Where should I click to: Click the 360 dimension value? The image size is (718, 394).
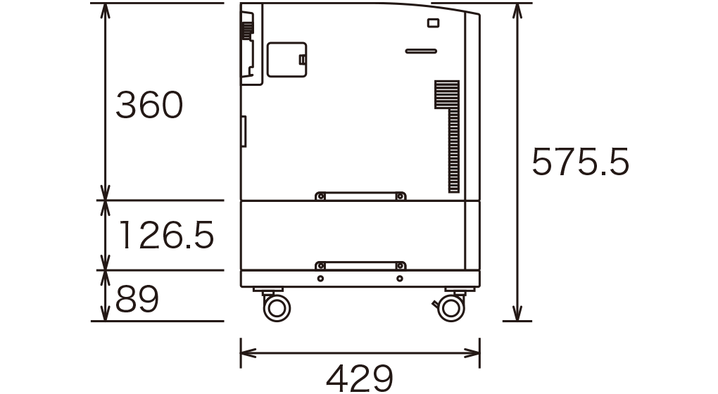tap(149, 105)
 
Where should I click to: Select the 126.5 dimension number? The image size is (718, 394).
tap(166, 235)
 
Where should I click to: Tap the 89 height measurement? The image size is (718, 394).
tap(137, 299)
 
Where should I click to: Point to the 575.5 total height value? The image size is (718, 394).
tap(580, 162)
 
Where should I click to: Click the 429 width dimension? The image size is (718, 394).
tap(360, 378)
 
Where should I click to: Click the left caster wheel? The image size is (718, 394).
tap(277, 307)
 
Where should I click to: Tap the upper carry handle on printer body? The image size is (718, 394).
tap(360, 196)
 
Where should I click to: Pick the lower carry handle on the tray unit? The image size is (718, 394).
tap(360, 265)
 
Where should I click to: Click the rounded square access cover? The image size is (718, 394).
tap(286, 60)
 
